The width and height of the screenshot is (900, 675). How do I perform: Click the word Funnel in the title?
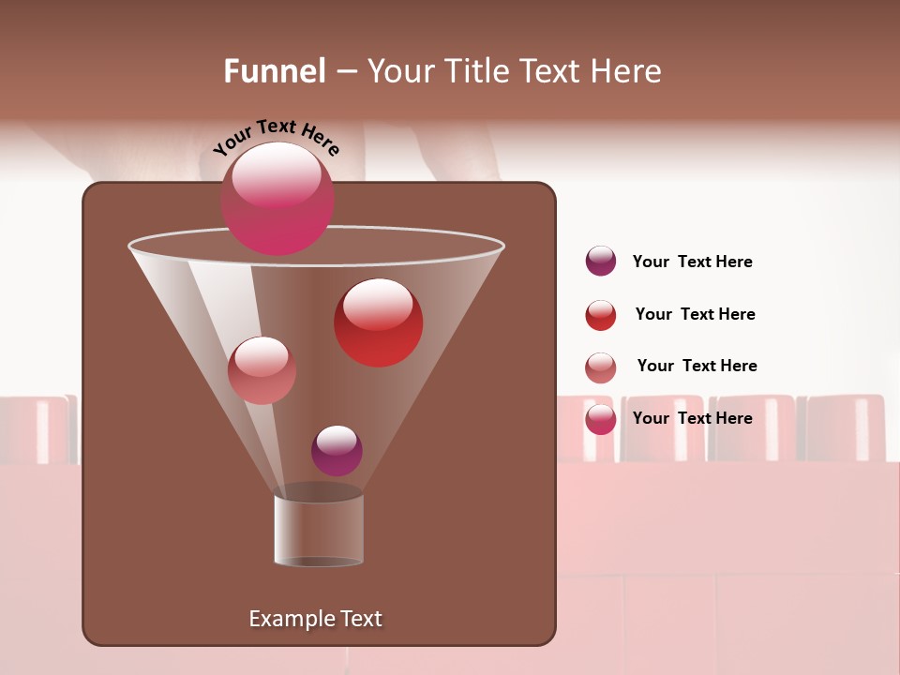275,71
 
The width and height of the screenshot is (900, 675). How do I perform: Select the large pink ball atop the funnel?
277,199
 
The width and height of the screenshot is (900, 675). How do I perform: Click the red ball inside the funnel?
379,323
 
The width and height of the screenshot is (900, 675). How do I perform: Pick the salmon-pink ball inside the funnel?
262,370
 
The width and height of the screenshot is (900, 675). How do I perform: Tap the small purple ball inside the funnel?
337,451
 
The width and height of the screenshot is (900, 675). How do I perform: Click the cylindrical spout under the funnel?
319,531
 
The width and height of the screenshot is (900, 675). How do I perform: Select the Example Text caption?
316,619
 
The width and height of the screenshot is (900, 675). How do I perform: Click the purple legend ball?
601,262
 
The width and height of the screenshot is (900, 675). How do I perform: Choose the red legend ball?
601,315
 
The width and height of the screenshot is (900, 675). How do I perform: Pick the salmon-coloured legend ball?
601,367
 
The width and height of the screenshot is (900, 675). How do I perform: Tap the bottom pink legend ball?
601,419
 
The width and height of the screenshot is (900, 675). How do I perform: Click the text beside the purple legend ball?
693,262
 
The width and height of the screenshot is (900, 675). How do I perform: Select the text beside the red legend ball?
695,315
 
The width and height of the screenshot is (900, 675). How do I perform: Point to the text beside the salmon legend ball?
697,367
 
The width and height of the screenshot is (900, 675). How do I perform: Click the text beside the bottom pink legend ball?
693,418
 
